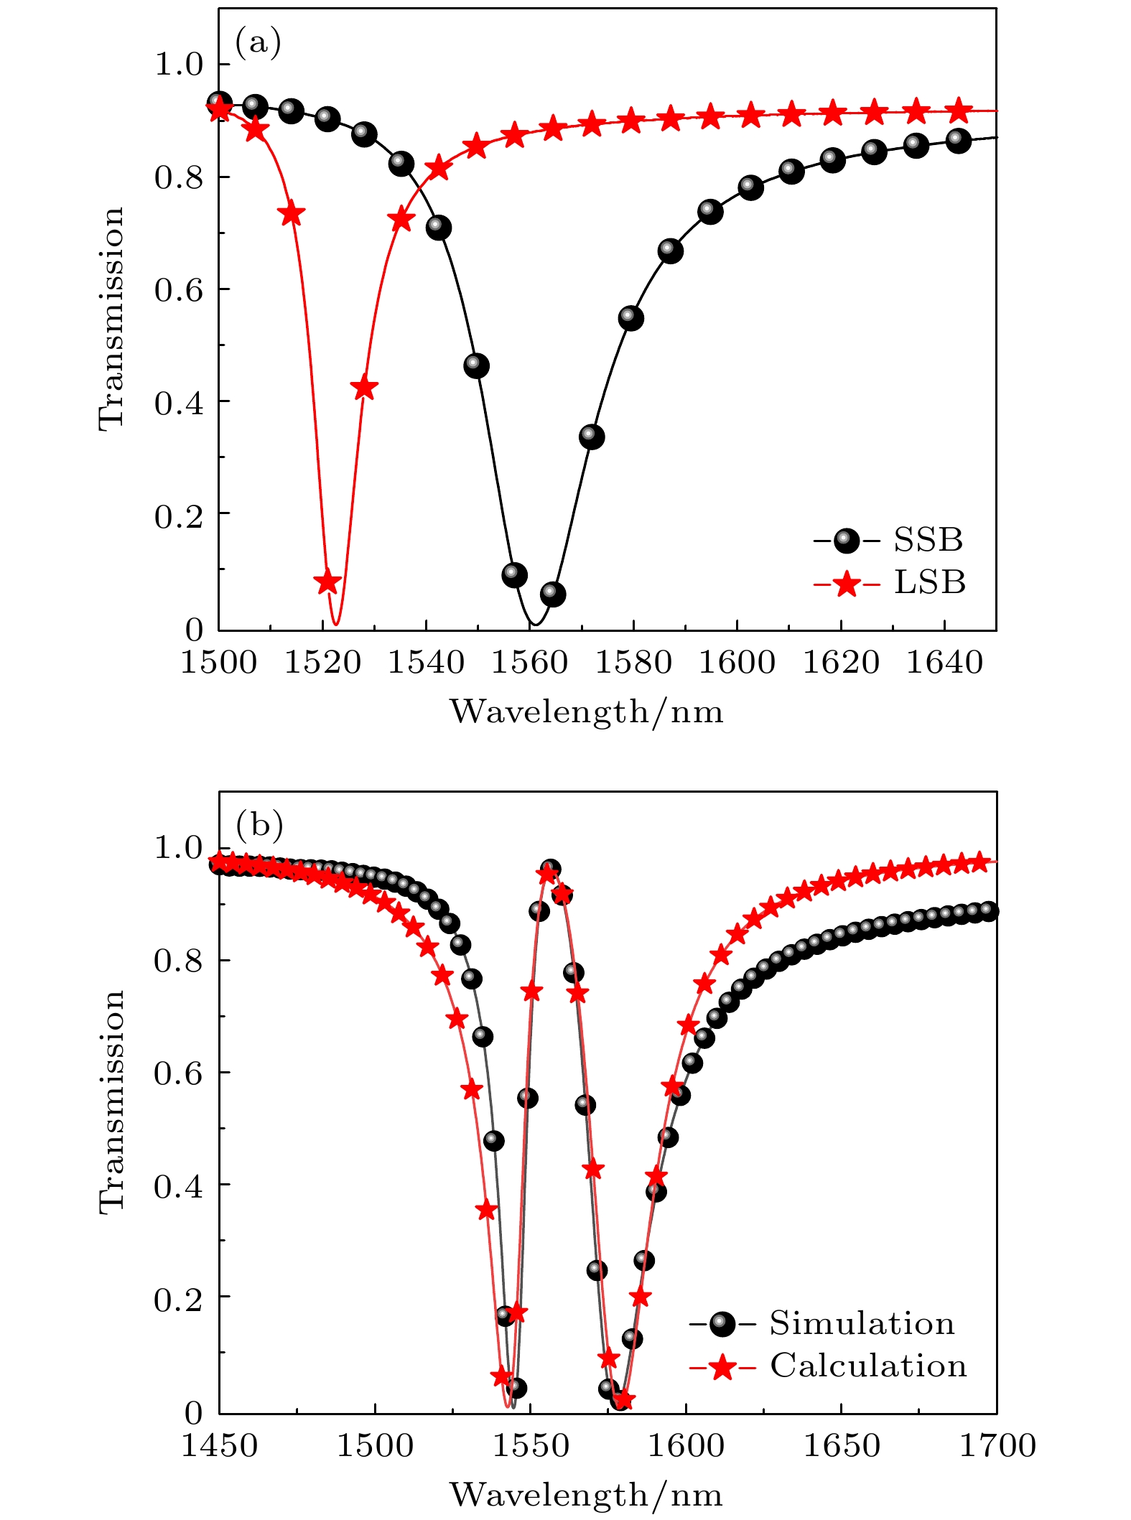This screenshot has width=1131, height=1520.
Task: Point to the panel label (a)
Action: pyautogui.click(x=258, y=43)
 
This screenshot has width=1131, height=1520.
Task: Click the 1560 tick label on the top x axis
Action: pyautogui.click(x=530, y=662)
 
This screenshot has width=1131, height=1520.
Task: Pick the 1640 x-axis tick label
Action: pyautogui.click(x=944, y=662)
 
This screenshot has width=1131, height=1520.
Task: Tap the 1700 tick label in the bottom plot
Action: pyautogui.click(x=997, y=1444)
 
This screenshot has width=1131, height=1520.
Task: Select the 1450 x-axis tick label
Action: pyautogui.click(x=219, y=1444)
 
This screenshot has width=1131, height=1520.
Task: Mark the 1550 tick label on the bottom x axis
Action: pyautogui.click(x=530, y=1444)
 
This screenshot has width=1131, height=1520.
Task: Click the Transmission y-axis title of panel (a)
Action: pyautogui.click(x=112, y=319)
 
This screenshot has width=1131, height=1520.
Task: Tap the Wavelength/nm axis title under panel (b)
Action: pyautogui.click(x=587, y=1494)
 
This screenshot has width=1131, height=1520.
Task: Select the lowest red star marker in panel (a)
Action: pyautogui.click(x=327, y=582)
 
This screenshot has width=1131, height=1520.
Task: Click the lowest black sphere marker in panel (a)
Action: pyautogui.click(x=553, y=595)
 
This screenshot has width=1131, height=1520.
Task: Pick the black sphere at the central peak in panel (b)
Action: pyautogui.click(x=551, y=869)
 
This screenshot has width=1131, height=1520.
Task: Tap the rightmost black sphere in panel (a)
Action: pyautogui.click(x=958, y=141)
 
